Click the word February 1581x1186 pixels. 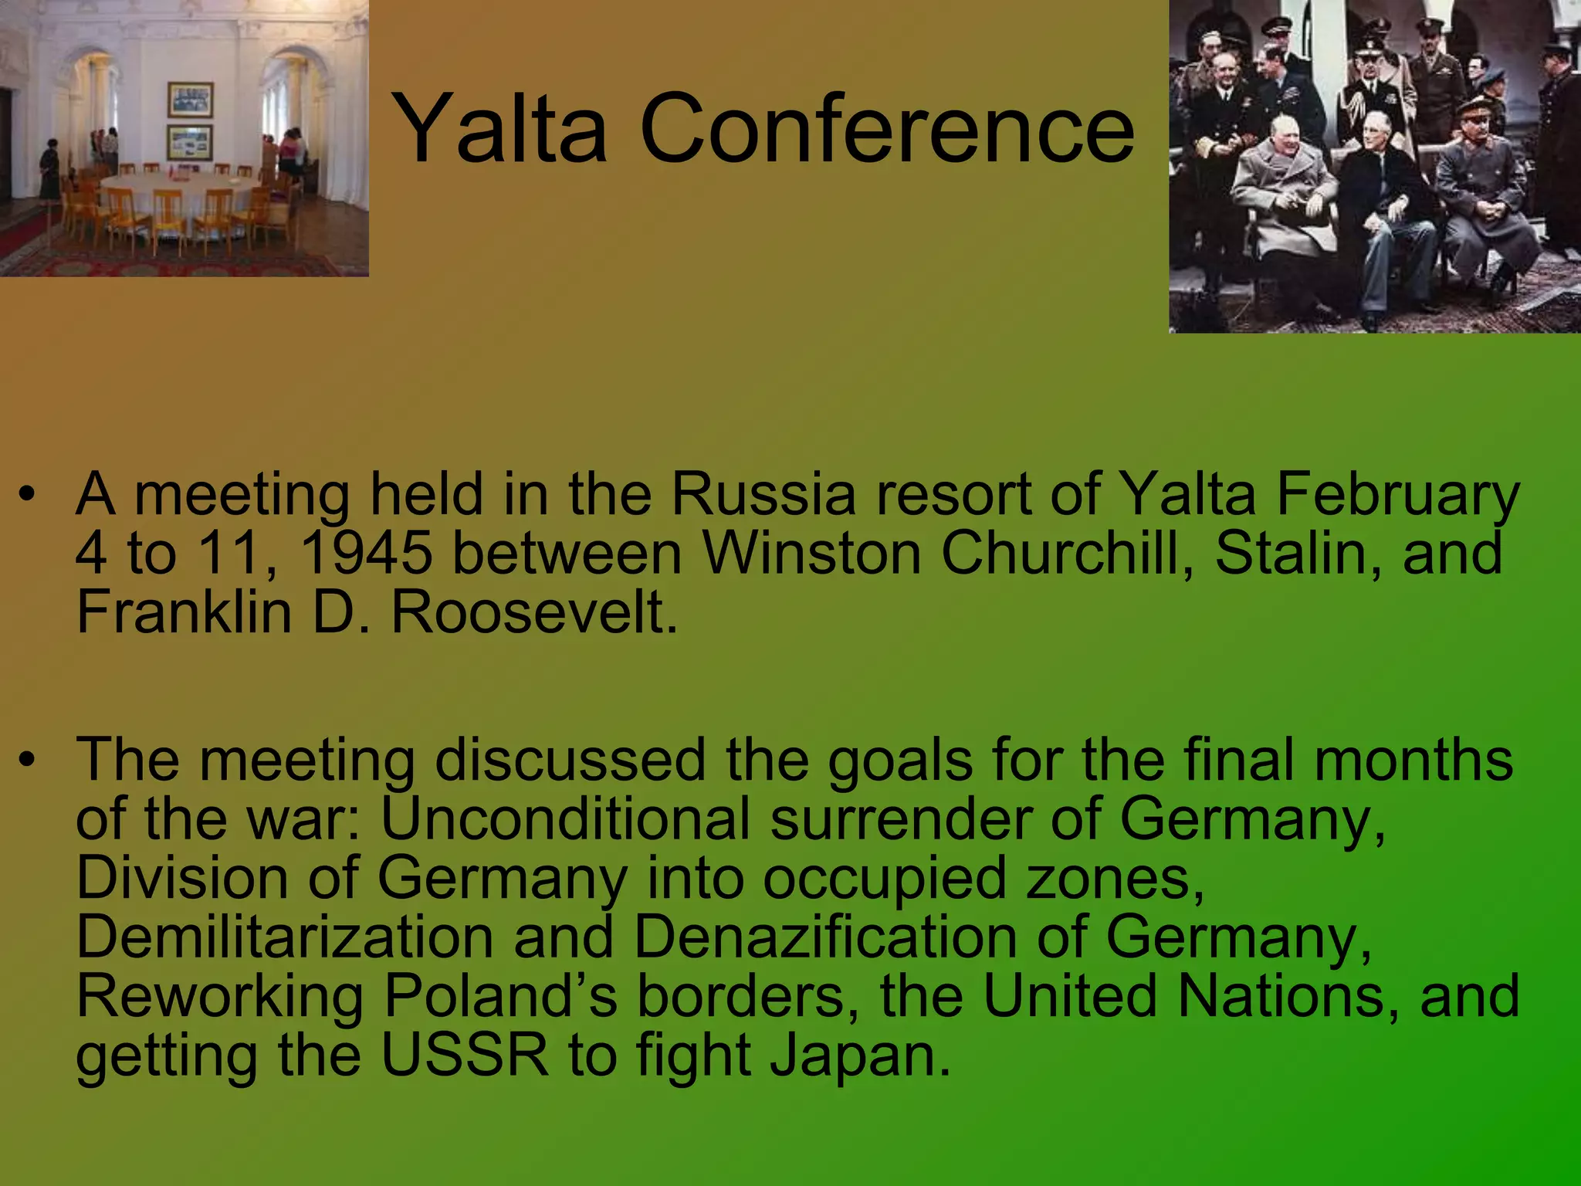click(1398, 494)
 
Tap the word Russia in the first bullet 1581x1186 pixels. click(763, 494)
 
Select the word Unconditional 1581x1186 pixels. click(565, 818)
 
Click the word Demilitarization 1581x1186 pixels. click(285, 937)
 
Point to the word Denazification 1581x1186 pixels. click(825, 937)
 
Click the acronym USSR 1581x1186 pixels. click(465, 1056)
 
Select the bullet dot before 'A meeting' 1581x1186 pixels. click(28, 494)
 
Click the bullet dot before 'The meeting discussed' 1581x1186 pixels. click(28, 760)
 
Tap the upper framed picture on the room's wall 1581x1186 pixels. click(190, 100)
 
